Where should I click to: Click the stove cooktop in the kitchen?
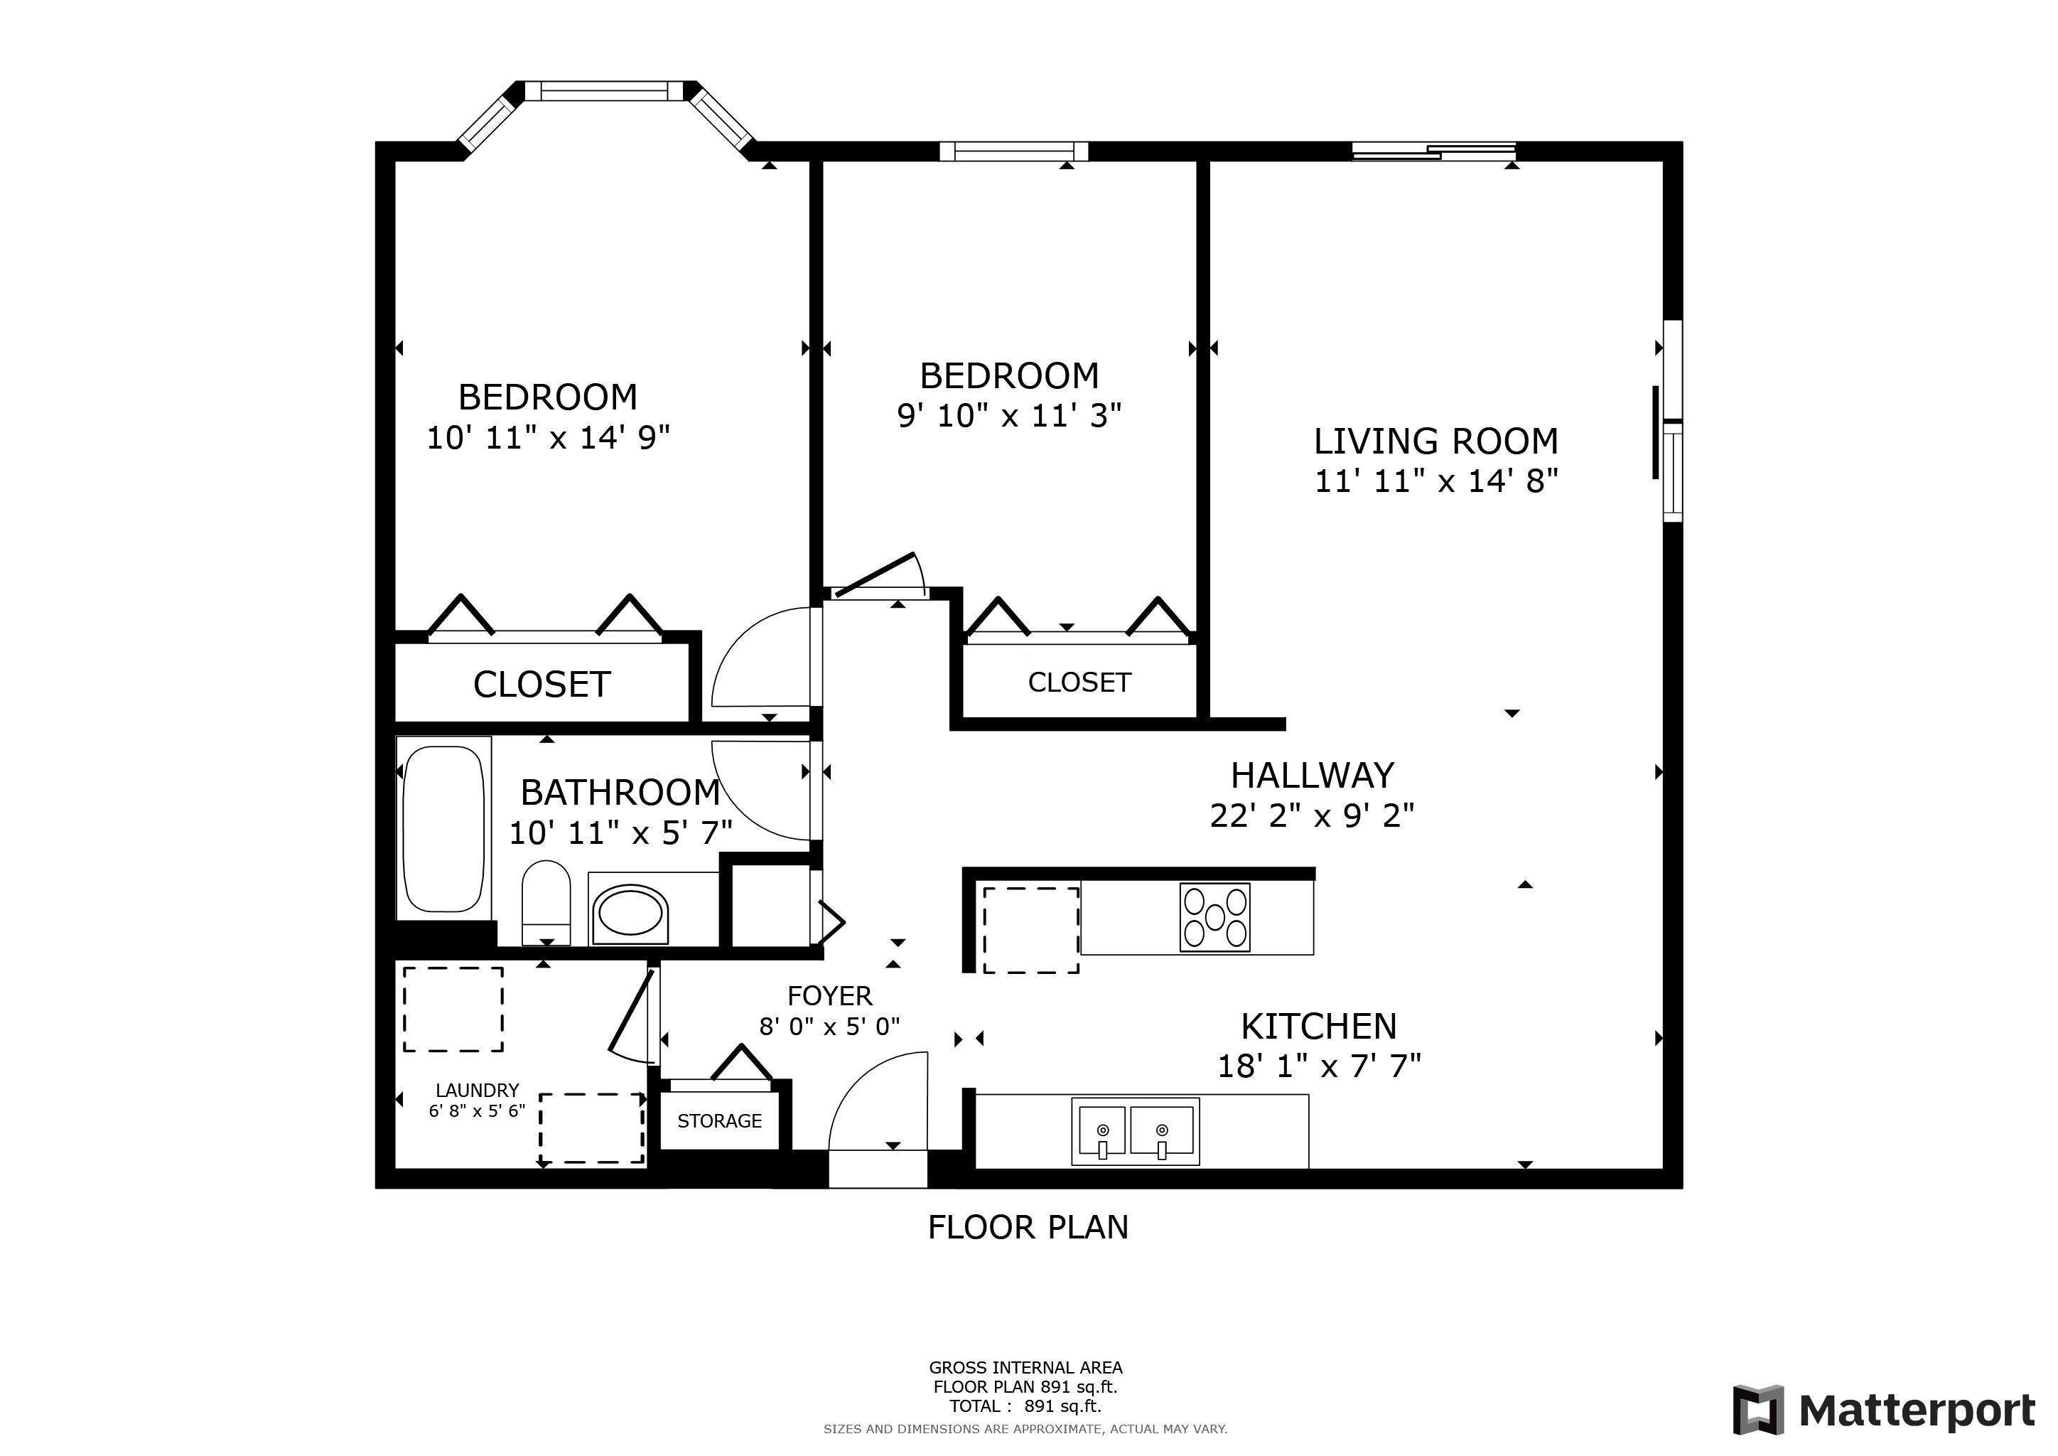(1214, 917)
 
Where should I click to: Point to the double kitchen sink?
(1135, 1131)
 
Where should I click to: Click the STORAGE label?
(720, 1120)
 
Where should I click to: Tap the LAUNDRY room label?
(477, 1090)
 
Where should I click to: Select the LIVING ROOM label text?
(1436, 441)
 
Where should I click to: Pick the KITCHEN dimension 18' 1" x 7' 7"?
(1318, 1066)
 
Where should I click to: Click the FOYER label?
(829, 995)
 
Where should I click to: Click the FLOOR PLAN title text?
(1028, 1226)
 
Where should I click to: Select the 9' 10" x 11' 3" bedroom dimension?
(1009, 416)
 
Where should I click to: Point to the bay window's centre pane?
(604, 90)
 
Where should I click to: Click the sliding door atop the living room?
(1433, 151)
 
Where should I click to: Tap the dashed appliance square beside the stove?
(1031, 930)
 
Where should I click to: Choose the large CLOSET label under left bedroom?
(542, 685)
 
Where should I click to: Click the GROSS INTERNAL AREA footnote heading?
(1025, 1368)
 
